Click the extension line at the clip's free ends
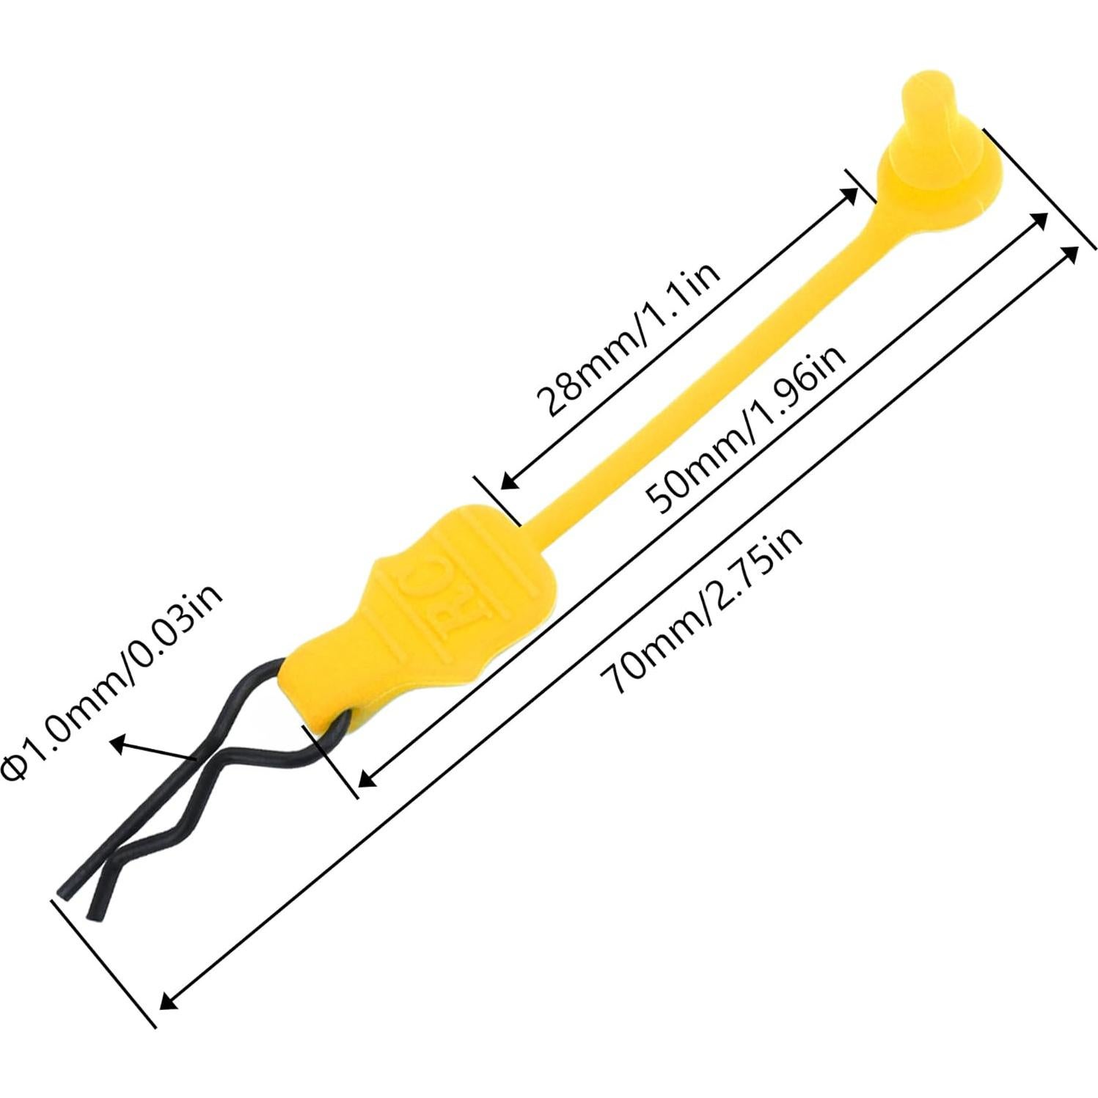pos(106,961)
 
